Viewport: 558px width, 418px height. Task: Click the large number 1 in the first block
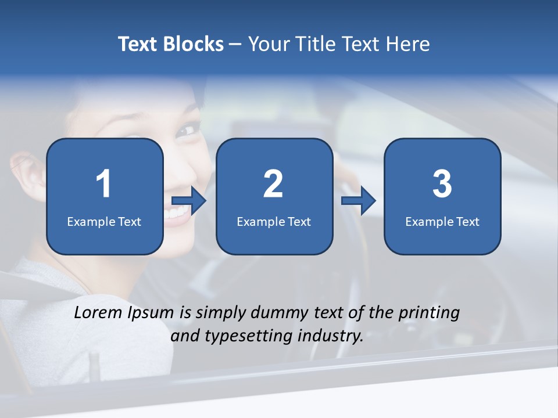click(103, 184)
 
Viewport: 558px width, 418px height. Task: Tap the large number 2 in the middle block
click(273, 184)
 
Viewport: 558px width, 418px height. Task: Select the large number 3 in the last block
click(442, 184)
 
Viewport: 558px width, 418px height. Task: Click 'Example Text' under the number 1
click(104, 221)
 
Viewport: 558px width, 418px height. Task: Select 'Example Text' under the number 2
click(274, 221)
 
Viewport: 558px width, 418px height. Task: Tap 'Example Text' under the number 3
click(442, 221)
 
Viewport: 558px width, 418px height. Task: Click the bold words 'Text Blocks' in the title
click(171, 44)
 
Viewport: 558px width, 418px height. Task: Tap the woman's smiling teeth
click(177, 213)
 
